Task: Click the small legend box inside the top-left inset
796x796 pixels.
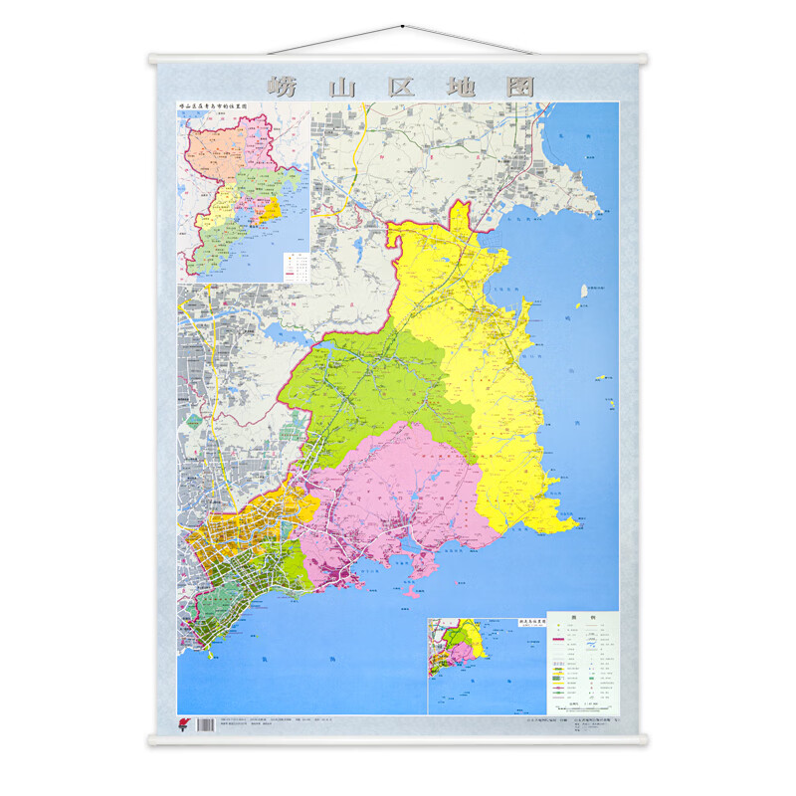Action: [x=295, y=265]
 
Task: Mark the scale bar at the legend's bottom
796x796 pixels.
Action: [x=582, y=702]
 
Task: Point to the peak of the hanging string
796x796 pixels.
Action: [x=398, y=29]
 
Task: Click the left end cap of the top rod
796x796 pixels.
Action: [x=152, y=58]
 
